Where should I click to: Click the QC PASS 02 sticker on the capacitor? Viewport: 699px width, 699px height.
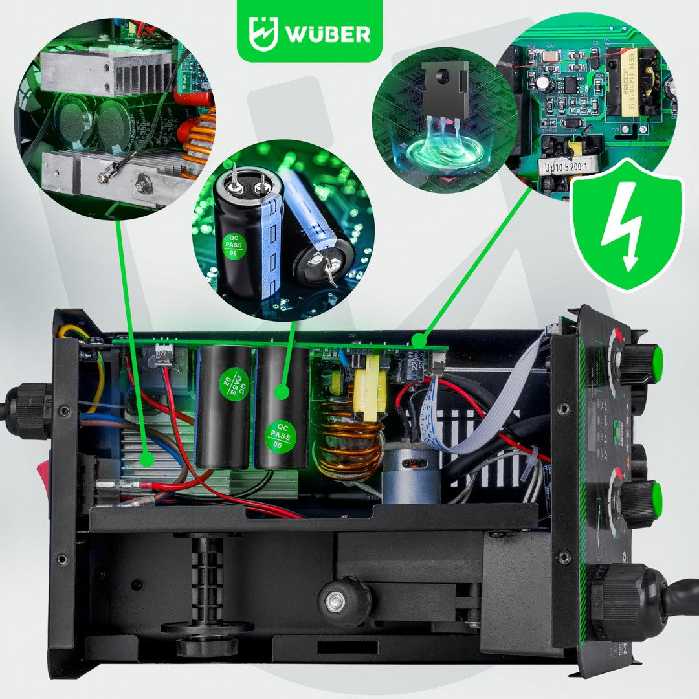point(234,383)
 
